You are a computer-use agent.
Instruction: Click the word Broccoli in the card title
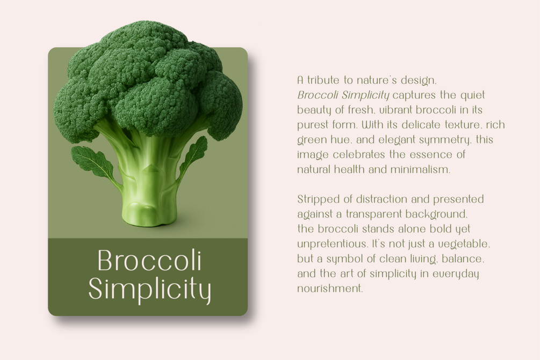click(150, 260)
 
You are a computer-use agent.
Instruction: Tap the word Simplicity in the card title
click(150, 290)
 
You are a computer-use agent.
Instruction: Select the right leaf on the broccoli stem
click(192, 157)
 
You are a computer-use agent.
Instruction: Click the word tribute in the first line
click(323, 80)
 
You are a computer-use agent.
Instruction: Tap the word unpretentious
click(332, 244)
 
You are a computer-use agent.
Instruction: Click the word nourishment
click(330, 289)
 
